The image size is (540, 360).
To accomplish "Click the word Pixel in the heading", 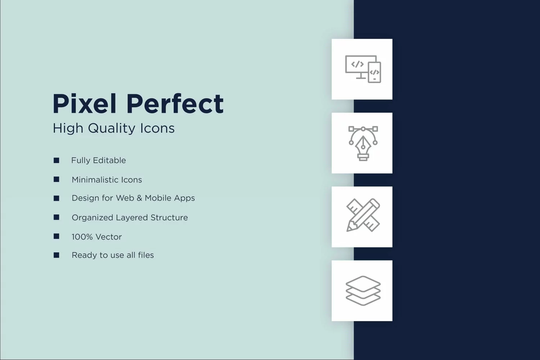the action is (84, 103).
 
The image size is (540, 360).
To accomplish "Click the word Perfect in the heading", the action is (175, 103).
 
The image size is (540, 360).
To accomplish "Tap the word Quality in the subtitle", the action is (111, 128).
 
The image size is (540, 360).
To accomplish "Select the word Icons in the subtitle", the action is (157, 128).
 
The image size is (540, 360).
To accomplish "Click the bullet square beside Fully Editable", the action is (57, 160).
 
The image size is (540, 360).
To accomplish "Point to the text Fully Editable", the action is (98, 160).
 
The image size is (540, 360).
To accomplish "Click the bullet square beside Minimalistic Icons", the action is (57, 179).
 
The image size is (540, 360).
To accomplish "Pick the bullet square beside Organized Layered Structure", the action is (57, 217).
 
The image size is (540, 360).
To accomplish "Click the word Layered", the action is (132, 218).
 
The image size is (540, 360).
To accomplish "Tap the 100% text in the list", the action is (82, 237).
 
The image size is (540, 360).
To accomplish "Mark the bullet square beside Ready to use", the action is (57, 255).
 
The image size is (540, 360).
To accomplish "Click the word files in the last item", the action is (146, 255).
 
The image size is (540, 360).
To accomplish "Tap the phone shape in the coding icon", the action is (375, 72).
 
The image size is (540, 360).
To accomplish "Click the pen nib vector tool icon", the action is (363, 144).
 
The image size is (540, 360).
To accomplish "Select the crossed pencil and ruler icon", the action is (363, 215).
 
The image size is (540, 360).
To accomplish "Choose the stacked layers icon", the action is (363, 291).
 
